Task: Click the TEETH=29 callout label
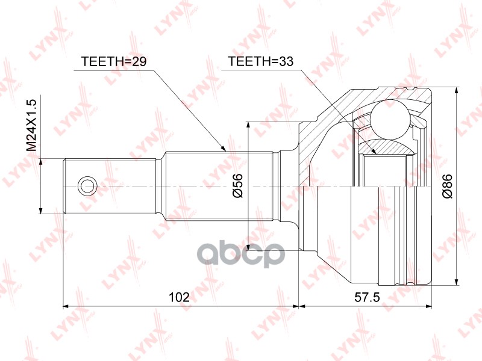pyautogui.click(x=113, y=62)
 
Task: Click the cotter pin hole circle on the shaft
pyautogui.click(x=87, y=185)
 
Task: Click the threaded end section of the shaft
pyautogui.click(x=111, y=185)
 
